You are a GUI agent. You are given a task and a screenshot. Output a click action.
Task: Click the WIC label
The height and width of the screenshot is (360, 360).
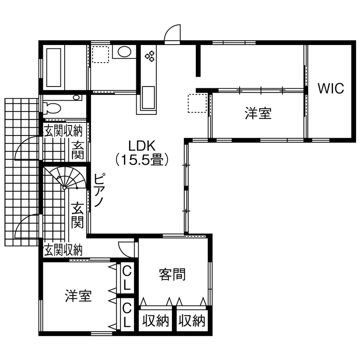(330, 88)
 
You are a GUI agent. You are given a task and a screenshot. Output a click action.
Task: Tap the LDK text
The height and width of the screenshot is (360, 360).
(142, 145)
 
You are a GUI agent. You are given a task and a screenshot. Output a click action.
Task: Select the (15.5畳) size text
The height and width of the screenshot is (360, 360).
(142, 160)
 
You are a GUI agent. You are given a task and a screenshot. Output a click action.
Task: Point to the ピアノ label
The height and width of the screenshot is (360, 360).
(99, 190)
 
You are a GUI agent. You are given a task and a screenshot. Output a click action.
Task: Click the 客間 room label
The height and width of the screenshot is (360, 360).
(172, 274)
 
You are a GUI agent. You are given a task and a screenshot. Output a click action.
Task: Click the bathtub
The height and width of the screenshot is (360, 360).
(54, 68)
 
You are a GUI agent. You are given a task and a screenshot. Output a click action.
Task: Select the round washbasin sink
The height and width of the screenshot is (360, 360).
(124, 52)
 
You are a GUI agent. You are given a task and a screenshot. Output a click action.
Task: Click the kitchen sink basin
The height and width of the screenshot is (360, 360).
(148, 97)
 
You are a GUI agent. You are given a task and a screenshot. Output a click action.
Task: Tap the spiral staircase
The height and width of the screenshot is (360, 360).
(65, 178)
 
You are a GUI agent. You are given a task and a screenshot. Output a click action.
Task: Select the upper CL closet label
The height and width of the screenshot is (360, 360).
(126, 279)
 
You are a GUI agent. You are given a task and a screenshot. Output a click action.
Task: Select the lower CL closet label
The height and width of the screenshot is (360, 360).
(126, 315)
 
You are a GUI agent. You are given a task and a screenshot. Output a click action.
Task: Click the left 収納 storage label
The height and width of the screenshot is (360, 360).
(156, 321)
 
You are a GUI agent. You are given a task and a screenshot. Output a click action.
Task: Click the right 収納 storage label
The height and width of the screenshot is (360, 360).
(192, 321)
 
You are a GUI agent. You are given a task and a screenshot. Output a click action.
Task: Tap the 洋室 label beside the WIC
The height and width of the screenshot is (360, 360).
(258, 113)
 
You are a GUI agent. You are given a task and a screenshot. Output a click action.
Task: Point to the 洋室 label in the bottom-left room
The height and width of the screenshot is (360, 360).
(78, 296)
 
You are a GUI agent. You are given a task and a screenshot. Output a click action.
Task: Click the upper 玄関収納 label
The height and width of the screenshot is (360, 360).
(63, 131)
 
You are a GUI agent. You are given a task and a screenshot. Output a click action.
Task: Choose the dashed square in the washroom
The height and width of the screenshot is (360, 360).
(100, 54)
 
